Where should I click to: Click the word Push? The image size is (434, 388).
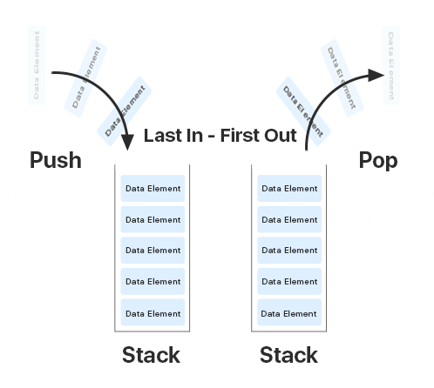55,160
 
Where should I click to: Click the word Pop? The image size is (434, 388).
378,160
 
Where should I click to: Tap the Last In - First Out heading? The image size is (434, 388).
220,136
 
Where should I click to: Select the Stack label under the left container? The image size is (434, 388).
151,355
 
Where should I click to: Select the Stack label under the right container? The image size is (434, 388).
288,355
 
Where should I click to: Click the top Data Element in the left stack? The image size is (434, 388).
153,189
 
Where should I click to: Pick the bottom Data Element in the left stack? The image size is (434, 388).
153,313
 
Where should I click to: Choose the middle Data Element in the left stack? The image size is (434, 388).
153,251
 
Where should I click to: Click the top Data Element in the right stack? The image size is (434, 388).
289,189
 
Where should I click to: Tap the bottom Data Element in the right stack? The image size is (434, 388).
289,313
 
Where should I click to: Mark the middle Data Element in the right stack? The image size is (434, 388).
289,251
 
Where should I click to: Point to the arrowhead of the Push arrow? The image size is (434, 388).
127,139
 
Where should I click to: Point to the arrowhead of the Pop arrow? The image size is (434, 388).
376,76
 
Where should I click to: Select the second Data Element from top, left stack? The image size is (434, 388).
153,220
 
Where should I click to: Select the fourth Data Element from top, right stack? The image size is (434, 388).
289,282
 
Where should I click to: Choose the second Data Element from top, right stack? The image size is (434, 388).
289,220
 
